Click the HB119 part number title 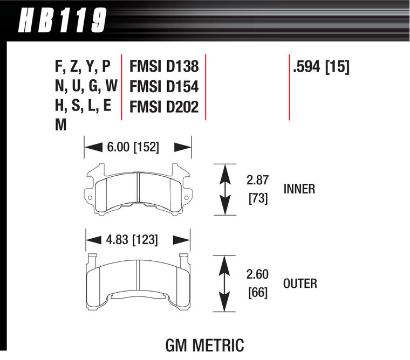[x=63, y=22]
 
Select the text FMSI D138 [x=164, y=67]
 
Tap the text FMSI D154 [x=164, y=87]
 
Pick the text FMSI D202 [x=164, y=107]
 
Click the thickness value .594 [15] [x=321, y=67]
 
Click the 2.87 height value [x=258, y=179]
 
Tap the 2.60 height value [x=258, y=273]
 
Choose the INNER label [x=299, y=189]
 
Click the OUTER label [x=300, y=283]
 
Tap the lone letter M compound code [x=61, y=126]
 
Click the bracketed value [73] [x=258, y=198]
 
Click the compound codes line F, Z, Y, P [x=82, y=67]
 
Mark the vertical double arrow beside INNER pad [x=225, y=189]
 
